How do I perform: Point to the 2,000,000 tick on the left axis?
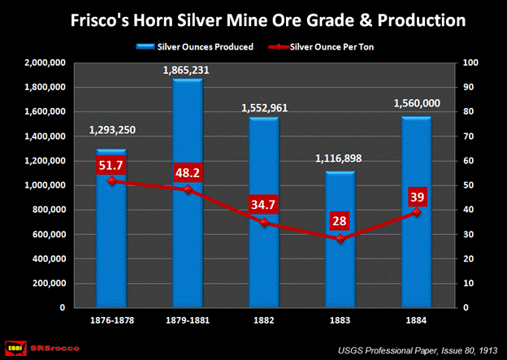click(47, 63)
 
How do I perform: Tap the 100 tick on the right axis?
click(469, 63)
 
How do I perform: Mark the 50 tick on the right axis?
click(466, 185)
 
